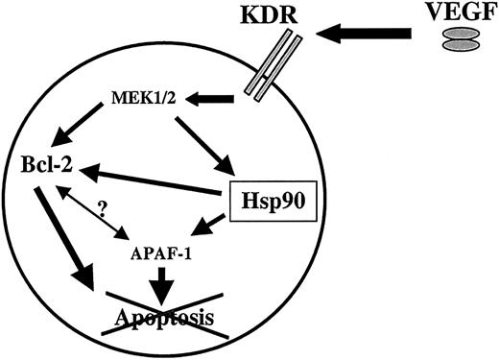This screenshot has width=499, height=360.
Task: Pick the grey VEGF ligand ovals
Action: click(456, 39)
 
